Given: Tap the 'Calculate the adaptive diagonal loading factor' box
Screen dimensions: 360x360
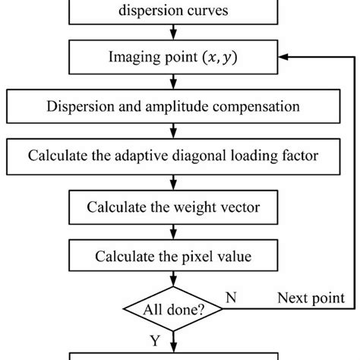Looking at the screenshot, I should pyautogui.click(x=175, y=156).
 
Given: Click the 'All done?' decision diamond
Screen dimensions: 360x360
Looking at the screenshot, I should pyautogui.click(x=175, y=309).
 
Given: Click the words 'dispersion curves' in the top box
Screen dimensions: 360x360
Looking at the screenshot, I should pyautogui.click(x=175, y=11).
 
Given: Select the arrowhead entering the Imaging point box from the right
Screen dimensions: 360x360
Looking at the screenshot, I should pyautogui.click(x=285, y=55).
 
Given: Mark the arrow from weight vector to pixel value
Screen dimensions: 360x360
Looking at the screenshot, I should pyautogui.click(x=175, y=232).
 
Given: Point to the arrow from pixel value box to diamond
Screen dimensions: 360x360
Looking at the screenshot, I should pyautogui.click(x=175, y=280).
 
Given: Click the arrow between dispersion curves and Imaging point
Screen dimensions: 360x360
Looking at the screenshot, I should pyautogui.click(x=175, y=32).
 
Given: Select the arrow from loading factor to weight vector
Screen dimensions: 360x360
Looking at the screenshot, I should pyautogui.click(x=175, y=182).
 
